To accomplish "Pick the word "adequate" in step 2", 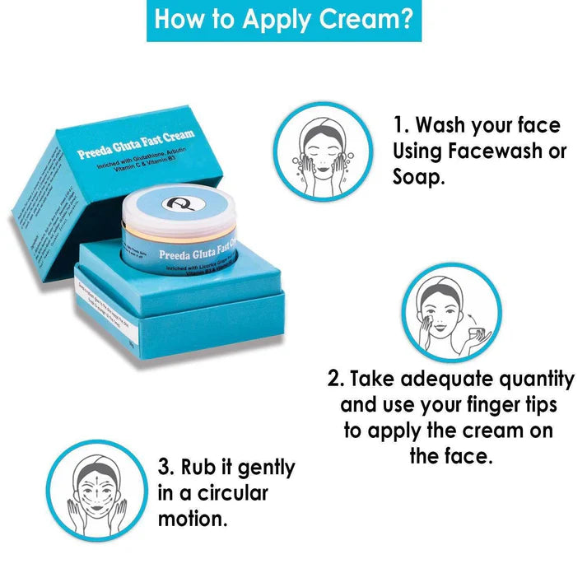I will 420,379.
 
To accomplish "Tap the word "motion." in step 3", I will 192,519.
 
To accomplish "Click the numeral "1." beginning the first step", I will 401,125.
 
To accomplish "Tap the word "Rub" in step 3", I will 200,468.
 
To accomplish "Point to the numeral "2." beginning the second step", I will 335,379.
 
